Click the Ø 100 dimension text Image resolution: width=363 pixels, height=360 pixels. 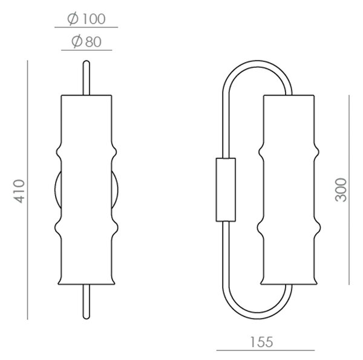point(87,19)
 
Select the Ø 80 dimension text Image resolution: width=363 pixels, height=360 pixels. point(87,41)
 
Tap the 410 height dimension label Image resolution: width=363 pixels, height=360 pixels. point(19,191)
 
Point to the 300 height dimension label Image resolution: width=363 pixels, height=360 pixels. point(341,190)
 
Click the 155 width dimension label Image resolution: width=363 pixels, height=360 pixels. point(261,342)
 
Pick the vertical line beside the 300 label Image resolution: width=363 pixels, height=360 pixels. point(349,190)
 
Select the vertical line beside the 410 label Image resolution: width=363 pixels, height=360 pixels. point(28,190)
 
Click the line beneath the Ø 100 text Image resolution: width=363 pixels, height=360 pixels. point(86,27)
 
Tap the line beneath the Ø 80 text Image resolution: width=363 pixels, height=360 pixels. point(87,50)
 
